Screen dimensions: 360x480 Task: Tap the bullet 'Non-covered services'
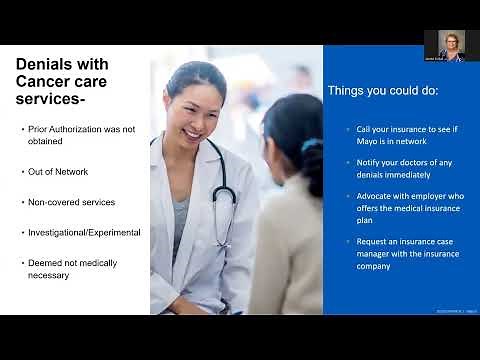pos(72,202)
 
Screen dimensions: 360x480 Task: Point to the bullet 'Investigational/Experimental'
pos(84,232)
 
